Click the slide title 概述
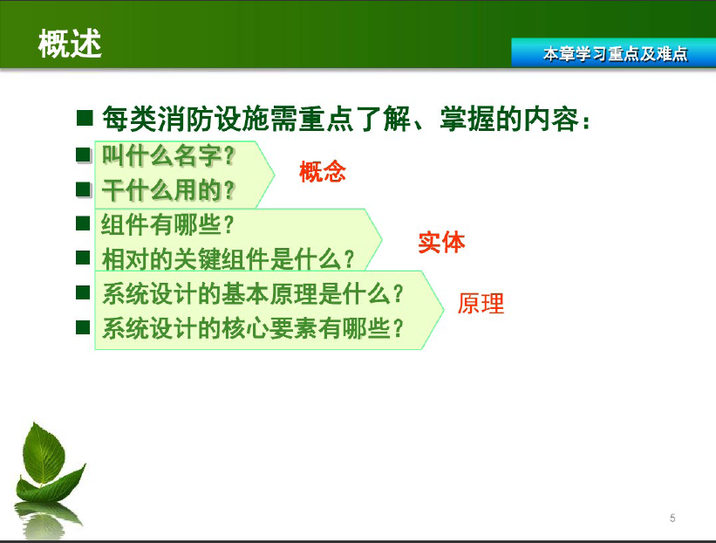(x=70, y=44)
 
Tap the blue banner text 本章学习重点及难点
(x=615, y=54)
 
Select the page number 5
(x=672, y=518)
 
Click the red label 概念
(x=323, y=172)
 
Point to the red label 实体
(x=441, y=242)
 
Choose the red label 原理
(x=481, y=304)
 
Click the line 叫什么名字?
(x=168, y=155)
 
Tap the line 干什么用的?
(x=168, y=190)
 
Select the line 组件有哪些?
(x=167, y=224)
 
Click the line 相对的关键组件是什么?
(x=228, y=259)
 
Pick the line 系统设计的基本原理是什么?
(x=253, y=293)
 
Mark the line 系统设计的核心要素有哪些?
(x=253, y=328)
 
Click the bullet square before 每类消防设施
(x=85, y=118)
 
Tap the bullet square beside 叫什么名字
(x=83, y=155)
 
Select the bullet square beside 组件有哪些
(x=83, y=223)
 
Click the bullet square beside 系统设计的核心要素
(x=83, y=327)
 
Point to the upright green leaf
(x=44, y=452)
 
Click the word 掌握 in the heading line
(x=467, y=119)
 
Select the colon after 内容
(x=586, y=121)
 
